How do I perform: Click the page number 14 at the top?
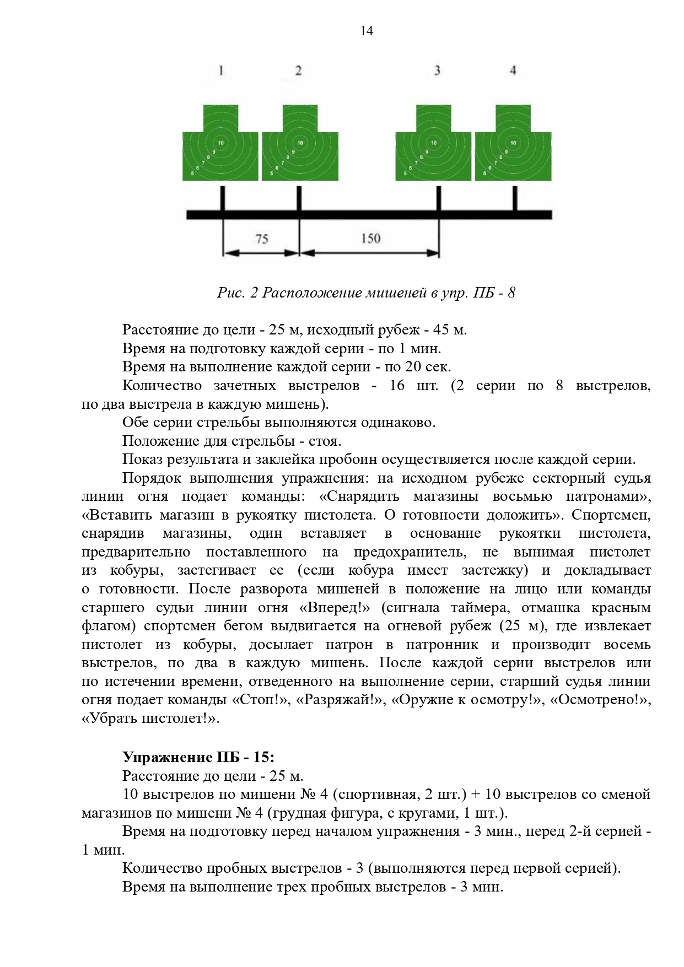[367, 31]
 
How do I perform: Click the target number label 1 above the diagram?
[221, 70]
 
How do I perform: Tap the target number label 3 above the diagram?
[437, 70]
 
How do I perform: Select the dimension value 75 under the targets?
[262, 239]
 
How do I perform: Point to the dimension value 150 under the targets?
[371, 238]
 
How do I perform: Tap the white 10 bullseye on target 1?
[220, 143]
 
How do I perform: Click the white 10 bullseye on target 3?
[434, 143]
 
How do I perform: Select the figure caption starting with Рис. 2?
[366, 292]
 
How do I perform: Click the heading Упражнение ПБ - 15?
[198, 757]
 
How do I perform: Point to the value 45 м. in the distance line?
[450, 329]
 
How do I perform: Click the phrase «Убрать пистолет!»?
[150, 719]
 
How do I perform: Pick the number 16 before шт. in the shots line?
[397, 385]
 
